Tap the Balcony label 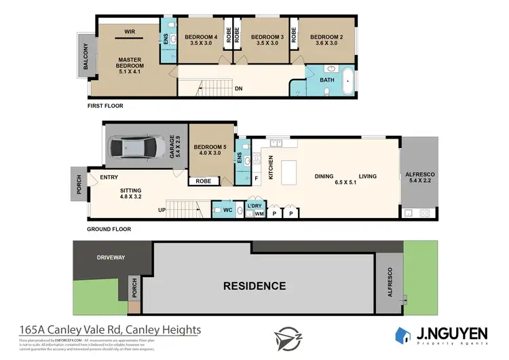[86, 58]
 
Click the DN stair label [238, 88]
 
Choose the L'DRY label [254, 205]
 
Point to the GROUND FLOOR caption [109, 229]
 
